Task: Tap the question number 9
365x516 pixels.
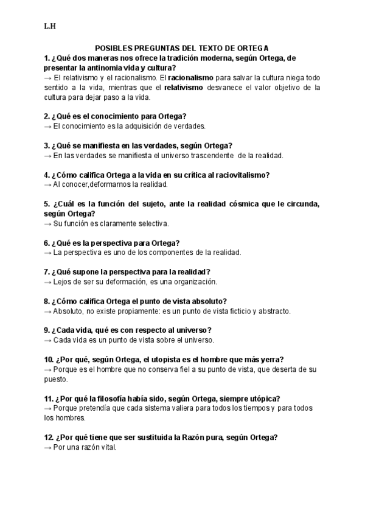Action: [47, 330]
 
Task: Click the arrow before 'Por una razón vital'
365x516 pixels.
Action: [47, 447]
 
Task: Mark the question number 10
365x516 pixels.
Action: [49, 359]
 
